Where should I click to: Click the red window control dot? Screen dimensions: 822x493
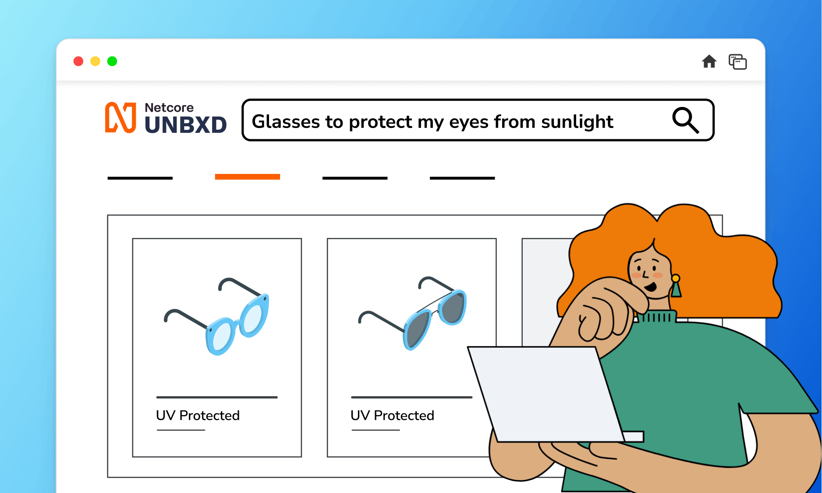(x=78, y=61)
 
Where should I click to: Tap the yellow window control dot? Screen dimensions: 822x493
(x=95, y=61)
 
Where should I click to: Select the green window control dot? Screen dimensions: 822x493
(x=112, y=61)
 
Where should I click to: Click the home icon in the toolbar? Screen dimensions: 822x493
(x=709, y=61)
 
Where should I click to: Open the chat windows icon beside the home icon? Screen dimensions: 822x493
(x=738, y=62)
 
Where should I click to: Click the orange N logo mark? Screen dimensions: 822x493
(x=120, y=117)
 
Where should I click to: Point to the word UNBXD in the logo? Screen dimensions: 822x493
(x=186, y=125)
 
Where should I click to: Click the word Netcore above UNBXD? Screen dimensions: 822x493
(x=169, y=108)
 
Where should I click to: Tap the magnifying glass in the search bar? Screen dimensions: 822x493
(x=686, y=120)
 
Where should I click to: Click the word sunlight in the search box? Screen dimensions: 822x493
(x=577, y=122)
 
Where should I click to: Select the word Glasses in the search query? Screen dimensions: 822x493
(x=286, y=122)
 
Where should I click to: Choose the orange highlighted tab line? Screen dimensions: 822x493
(x=248, y=177)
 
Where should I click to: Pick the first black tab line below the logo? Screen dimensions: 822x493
(x=140, y=178)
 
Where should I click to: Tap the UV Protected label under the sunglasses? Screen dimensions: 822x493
(x=392, y=415)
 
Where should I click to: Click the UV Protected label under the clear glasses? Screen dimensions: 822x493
(x=198, y=415)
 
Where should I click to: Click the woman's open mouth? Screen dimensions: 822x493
(x=651, y=287)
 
